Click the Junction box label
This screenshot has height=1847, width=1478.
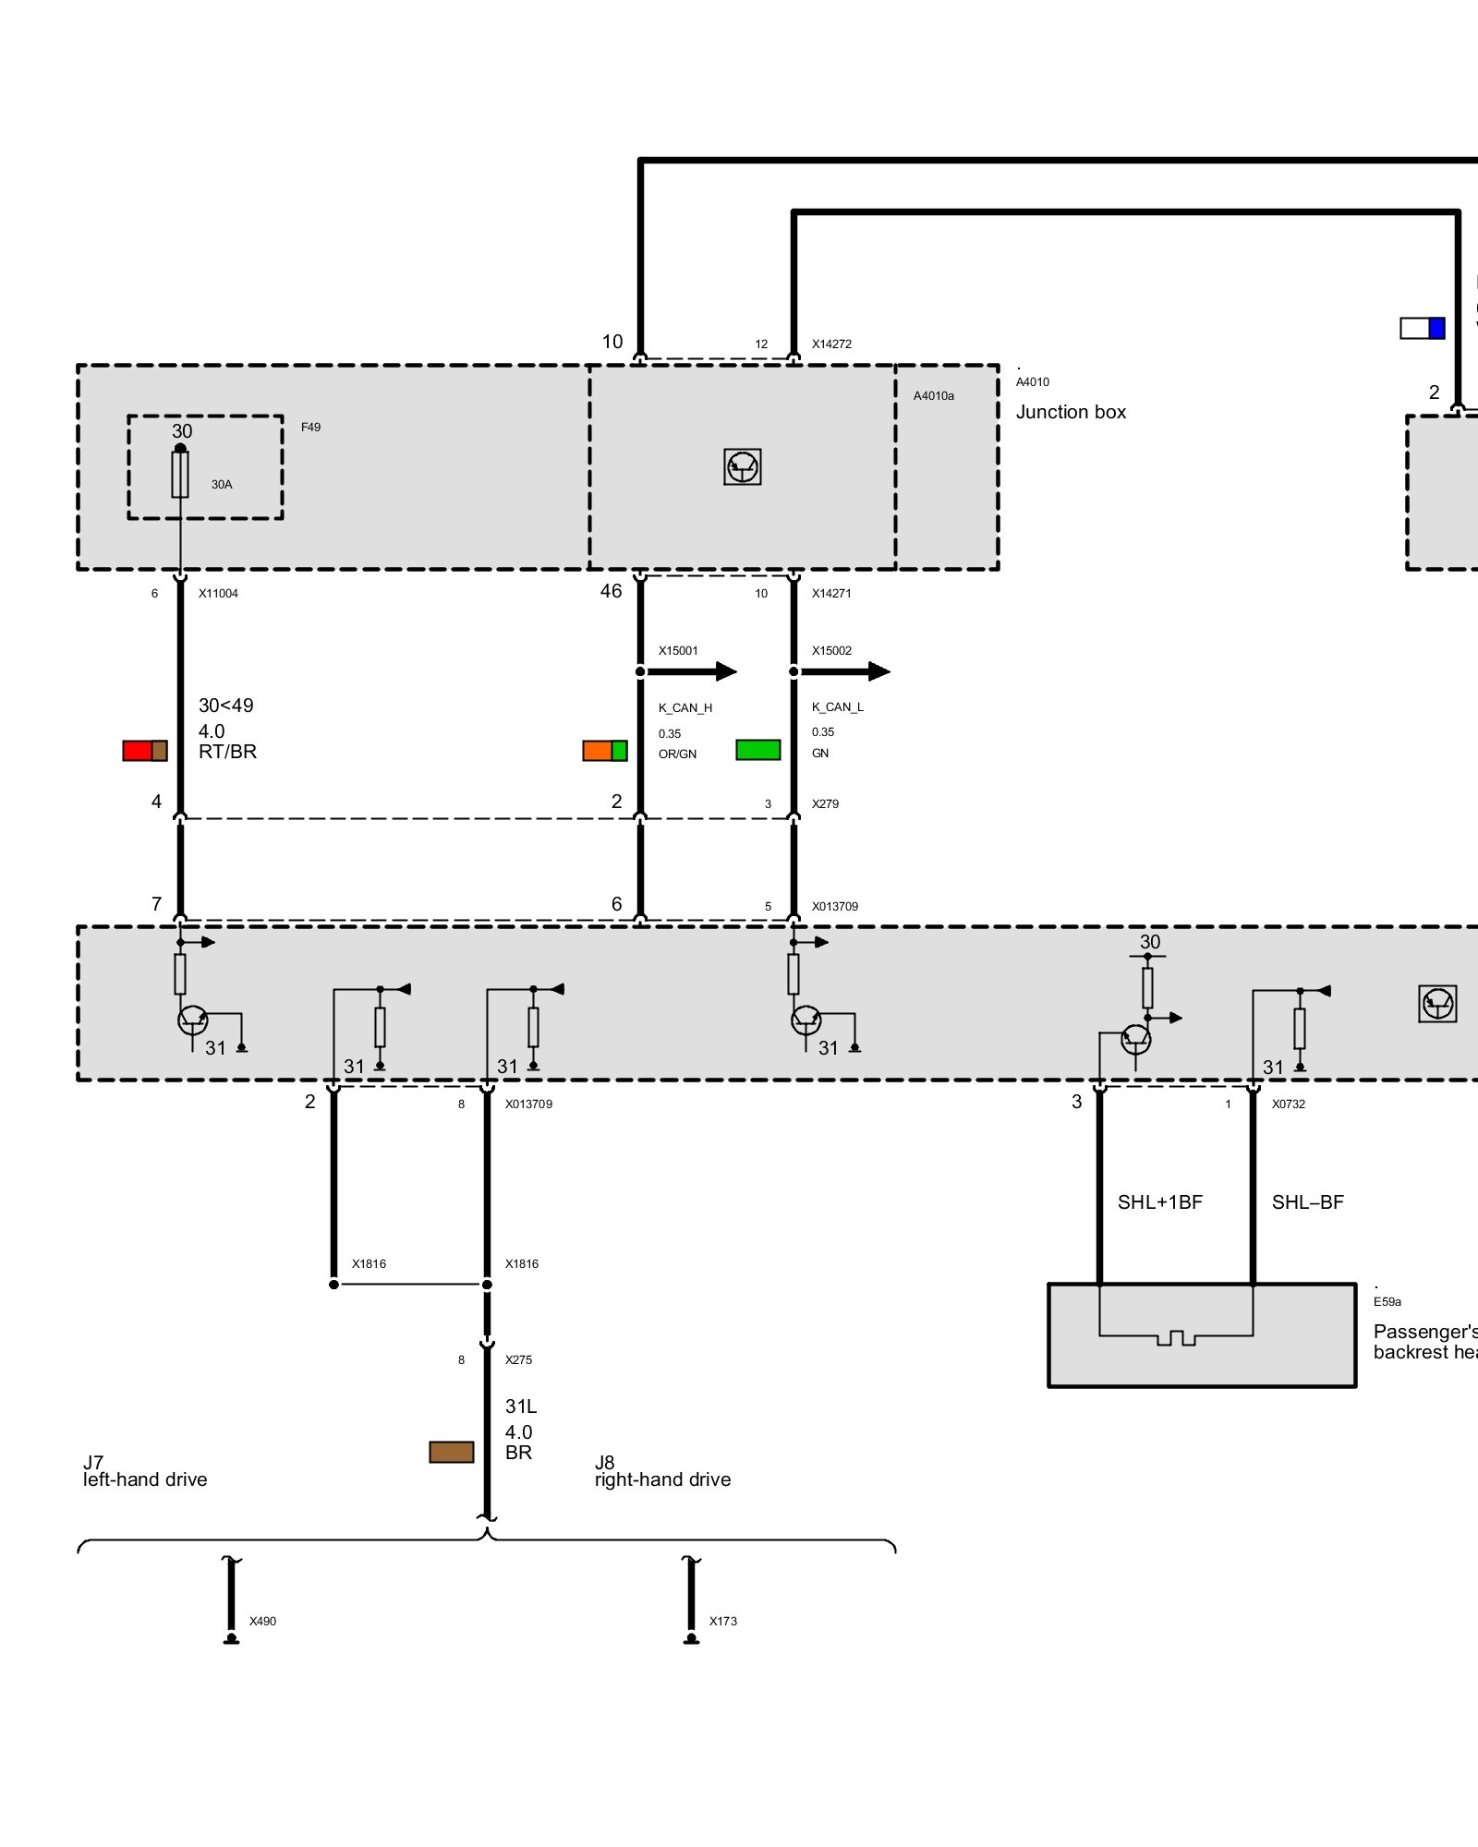pyautogui.click(x=1071, y=412)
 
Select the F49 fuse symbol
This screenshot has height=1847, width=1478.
pyautogui.click(x=180, y=474)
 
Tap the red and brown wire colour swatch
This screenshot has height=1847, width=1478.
pyautogui.click(x=145, y=751)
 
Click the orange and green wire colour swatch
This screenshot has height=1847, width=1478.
pyautogui.click(x=605, y=751)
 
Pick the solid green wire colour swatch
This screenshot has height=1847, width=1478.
pyautogui.click(x=758, y=750)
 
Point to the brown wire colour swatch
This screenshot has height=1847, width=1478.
pyautogui.click(x=452, y=1452)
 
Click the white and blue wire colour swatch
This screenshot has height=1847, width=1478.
pyautogui.click(x=1423, y=328)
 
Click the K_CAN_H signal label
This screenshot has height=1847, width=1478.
pyautogui.click(x=685, y=708)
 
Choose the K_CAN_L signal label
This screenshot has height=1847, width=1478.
pyautogui.click(x=838, y=707)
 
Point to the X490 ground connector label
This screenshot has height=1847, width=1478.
pyautogui.click(x=262, y=1621)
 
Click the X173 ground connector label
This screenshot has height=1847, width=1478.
pyautogui.click(x=723, y=1621)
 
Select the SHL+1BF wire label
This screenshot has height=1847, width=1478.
pyautogui.click(x=1160, y=1202)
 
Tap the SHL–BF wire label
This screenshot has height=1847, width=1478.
pyautogui.click(x=1307, y=1202)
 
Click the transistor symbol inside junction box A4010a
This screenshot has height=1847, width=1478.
pyautogui.click(x=743, y=467)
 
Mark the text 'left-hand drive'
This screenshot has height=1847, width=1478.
pyautogui.click(x=145, y=1479)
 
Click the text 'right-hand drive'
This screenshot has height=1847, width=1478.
pyautogui.click(x=662, y=1479)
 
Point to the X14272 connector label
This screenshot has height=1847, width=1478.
pyautogui.click(x=831, y=344)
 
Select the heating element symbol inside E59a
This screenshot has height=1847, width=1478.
pyautogui.click(x=1176, y=1336)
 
